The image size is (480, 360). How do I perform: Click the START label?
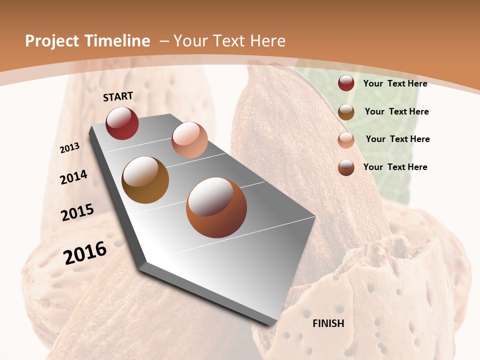tap(118, 96)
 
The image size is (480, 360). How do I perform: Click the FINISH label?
tap(328, 323)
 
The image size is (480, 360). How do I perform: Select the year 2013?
tap(70, 147)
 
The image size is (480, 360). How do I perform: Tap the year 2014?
tap(74, 177)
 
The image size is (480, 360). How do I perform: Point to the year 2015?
tap(77, 212)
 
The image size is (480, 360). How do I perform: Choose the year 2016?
tap(85, 252)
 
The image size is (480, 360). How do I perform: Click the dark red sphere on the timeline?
tap(122, 123)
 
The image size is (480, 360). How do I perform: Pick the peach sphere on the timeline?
tap(189, 139)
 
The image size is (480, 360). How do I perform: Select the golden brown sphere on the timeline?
tap(145, 179)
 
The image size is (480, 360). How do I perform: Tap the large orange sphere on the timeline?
tap(216, 207)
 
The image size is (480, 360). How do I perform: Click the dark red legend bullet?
tap(346, 83)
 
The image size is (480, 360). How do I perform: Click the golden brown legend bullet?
tap(346, 112)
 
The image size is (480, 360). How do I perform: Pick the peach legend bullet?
tap(346, 140)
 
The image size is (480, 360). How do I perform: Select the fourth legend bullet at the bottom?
tap(346, 167)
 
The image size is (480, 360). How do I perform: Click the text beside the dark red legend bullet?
tap(395, 83)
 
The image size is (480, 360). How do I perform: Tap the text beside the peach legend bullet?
tap(397, 139)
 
